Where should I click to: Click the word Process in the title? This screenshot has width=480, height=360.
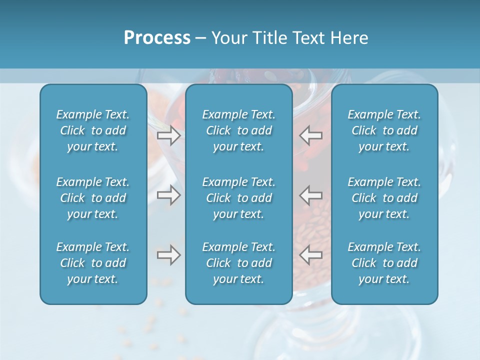pyautogui.click(x=157, y=38)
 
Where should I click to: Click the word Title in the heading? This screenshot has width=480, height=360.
pyautogui.click(x=271, y=38)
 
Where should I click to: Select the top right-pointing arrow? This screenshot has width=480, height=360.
pyautogui.click(x=168, y=135)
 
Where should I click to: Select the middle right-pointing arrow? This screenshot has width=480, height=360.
pyautogui.click(x=168, y=195)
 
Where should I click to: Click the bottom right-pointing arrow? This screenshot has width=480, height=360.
pyautogui.click(x=168, y=255)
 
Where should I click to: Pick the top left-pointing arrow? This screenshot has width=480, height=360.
pyautogui.click(x=311, y=135)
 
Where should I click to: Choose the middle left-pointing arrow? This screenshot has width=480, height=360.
pyautogui.click(x=311, y=195)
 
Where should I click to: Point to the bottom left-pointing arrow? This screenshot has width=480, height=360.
pyautogui.click(x=311, y=254)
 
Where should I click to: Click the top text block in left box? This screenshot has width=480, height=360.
pyautogui.click(x=93, y=130)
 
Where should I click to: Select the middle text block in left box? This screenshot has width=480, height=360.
pyautogui.click(x=93, y=198)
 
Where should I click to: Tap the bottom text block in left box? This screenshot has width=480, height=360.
pyautogui.click(x=93, y=263)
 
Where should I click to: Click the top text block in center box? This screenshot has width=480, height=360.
pyautogui.click(x=238, y=130)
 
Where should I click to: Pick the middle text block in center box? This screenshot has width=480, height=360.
pyautogui.click(x=238, y=198)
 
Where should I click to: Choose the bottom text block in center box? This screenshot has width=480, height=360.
pyautogui.click(x=238, y=263)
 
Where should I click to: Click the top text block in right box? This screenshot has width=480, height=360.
pyautogui.click(x=384, y=130)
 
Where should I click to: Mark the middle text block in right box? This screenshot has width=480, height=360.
pyautogui.click(x=384, y=198)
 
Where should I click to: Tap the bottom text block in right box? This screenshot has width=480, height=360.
pyautogui.click(x=384, y=263)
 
